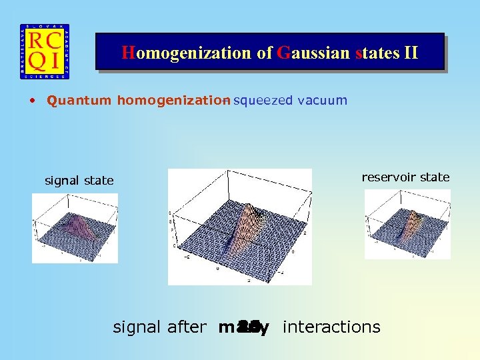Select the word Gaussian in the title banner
[x=312, y=53]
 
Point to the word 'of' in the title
[x=265, y=53]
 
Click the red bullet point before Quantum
[x=32, y=101]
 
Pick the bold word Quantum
[x=79, y=101]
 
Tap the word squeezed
[x=264, y=101]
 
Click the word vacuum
[x=323, y=101]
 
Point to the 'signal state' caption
[x=79, y=181]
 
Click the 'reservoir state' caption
[x=405, y=177]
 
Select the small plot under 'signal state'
[x=75, y=228]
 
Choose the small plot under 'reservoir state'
[x=407, y=224]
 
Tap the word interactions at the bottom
[x=331, y=327]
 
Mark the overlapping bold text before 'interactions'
[x=243, y=328]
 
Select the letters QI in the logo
[x=44, y=61]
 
